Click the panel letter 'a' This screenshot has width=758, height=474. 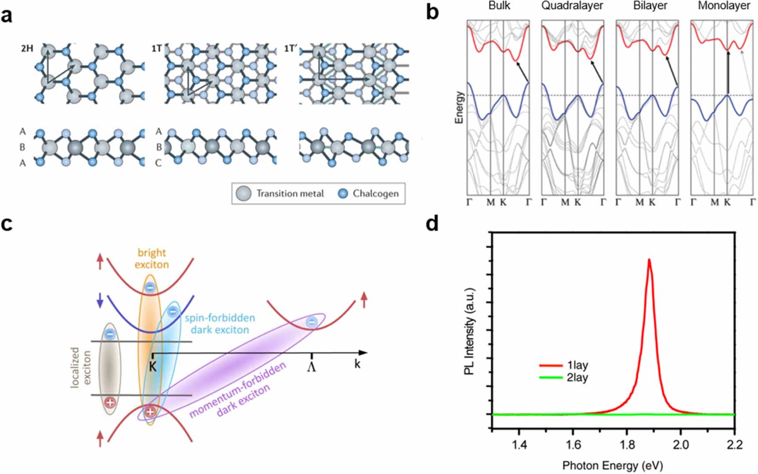point(7,16)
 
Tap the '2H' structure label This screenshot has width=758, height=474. point(27,49)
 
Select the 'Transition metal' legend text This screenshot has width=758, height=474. point(290,194)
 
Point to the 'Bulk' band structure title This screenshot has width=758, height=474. point(499,6)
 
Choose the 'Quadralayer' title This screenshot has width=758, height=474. point(572,6)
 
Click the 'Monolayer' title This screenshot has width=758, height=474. point(724,6)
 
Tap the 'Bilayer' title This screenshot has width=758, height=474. point(650,6)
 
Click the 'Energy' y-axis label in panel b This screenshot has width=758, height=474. point(459,108)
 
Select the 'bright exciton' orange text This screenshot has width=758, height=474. point(152,258)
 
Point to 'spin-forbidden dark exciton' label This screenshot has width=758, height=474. point(220,324)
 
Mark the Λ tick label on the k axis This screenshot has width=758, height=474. point(312,367)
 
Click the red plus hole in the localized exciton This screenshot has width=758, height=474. point(110,402)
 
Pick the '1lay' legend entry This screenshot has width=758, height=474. point(577,365)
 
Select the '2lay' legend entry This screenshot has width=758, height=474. point(577,378)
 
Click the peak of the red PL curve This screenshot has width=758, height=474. point(649,260)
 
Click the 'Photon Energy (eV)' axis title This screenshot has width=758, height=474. point(613,466)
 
